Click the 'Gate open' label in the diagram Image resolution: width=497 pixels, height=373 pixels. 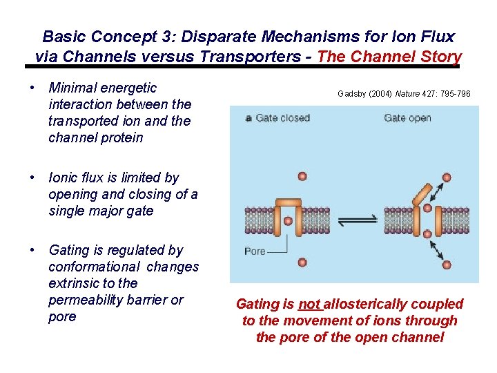pyautogui.click(x=407, y=118)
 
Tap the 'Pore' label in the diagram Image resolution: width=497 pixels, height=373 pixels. pyautogui.click(x=255, y=251)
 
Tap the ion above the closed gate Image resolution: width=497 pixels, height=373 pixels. pyautogui.click(x=302, y=177)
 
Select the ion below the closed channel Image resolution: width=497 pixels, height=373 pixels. pyautogui.click(x=302, y=261)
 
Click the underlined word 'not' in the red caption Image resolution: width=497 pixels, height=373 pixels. pyautogui.click(x=310, y=304)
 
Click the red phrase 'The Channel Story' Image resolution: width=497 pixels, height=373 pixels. pyautogui.click(x=389, y=57)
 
